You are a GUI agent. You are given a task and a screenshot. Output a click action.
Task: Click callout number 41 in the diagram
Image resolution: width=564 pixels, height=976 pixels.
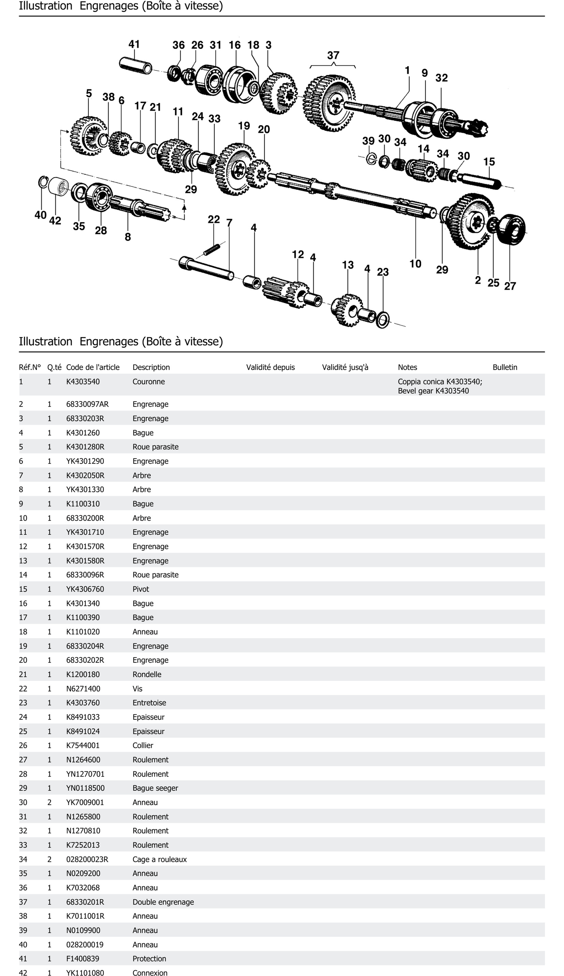(134, 45)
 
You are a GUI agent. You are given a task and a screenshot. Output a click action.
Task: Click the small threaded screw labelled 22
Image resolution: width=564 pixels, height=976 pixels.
(212, 249)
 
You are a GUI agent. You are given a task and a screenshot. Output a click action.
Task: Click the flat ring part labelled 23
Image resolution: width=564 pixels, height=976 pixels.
(383, 319)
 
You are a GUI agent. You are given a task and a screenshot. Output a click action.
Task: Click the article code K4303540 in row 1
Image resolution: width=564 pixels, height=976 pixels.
(83, 382)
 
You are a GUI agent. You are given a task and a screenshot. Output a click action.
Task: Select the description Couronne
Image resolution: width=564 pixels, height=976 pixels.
(149, 382)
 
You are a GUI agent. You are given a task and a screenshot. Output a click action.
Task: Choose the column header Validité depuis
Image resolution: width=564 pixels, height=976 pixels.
(270, 367)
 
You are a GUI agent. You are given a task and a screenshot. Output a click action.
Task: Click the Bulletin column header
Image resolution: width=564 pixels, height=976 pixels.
(505, 367)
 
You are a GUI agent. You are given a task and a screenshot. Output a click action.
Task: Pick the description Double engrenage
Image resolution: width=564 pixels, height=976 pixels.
(163, 902)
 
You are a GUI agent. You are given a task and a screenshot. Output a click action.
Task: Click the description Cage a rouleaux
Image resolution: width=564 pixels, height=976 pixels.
(160, 859)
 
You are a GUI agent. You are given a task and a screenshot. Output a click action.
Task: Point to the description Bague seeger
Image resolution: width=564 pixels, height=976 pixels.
(155, 788)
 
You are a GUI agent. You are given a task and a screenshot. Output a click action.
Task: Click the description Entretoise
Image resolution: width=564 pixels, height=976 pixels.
(149, 702)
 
